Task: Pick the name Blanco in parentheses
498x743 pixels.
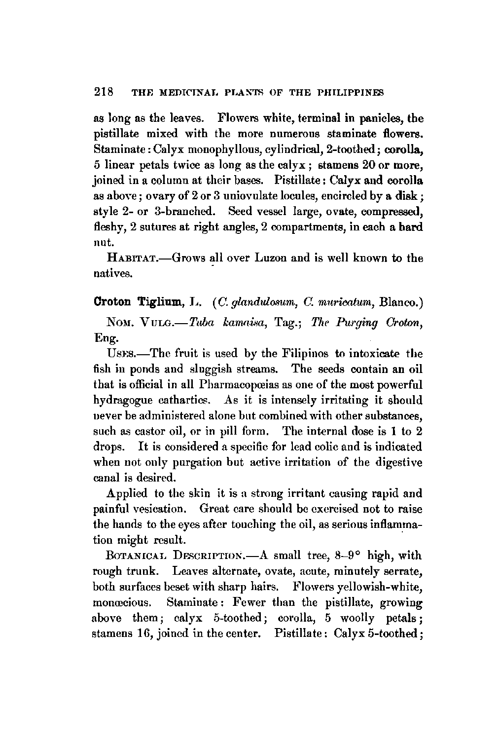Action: click(x=401, y=302)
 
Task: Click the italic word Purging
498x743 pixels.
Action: click(x=355, y=323)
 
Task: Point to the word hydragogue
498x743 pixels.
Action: click(x=120, y=400)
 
